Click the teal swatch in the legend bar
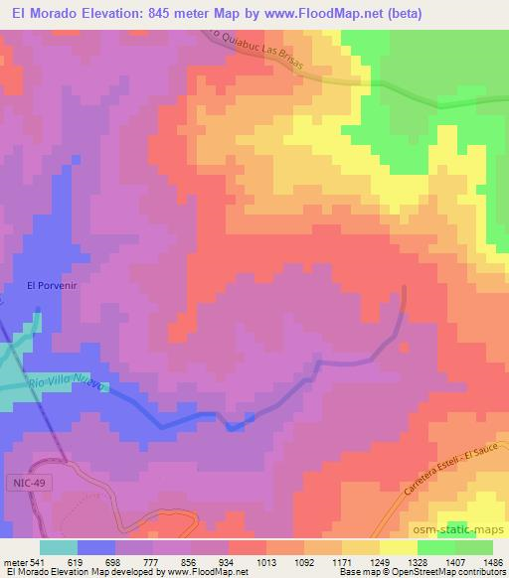point(59,546)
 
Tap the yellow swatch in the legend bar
point(398,546)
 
